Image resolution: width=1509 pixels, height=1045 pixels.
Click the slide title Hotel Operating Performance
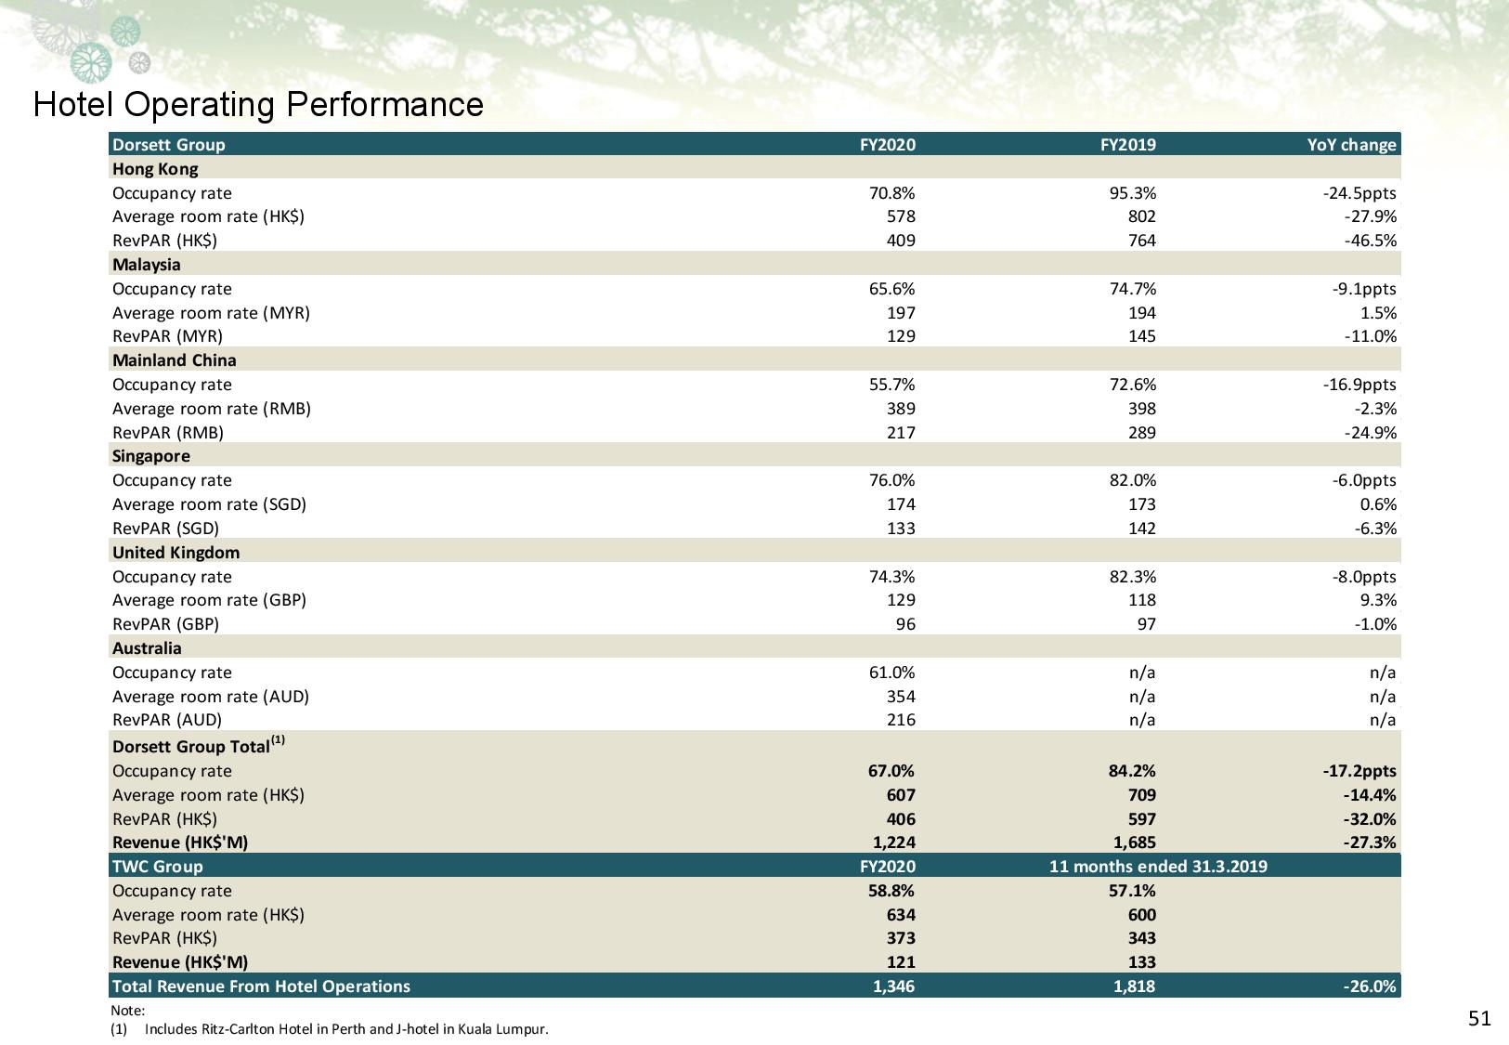[x=258, y=104]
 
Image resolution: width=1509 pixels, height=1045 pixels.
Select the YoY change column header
[x=1351, y=145]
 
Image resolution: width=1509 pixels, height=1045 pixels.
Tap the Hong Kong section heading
[x=155, y=169]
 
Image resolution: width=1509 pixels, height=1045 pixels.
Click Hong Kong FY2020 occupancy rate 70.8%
[x=891, y=193]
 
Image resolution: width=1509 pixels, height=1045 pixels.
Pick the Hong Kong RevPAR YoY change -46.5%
[x=1370, y=241]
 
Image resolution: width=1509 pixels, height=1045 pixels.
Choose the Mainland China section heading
[x=175, y=360]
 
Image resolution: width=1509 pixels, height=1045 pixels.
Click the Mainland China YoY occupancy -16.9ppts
[x=1359, y=385]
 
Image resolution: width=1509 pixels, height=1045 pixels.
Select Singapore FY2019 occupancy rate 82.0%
[x=1130, y=480]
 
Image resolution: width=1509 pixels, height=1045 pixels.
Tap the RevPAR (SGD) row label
[x=165, y=529]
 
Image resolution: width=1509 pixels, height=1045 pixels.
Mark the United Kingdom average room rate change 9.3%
[x=1378, y=600]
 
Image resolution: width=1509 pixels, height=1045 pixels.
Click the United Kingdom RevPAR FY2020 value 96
[x=904, y=624]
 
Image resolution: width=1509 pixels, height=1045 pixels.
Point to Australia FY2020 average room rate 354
[x=900, y=697]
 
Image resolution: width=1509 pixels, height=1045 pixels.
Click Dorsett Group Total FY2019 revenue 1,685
[x=1134, y=843]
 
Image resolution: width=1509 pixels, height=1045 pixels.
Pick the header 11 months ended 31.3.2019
[x=1158, y=867]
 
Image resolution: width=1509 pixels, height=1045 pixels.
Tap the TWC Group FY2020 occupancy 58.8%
[x=891, y=891]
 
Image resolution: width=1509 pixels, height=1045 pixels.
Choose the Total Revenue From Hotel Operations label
[x=261, y=986]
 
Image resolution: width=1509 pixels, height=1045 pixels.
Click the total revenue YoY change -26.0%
[x=1370, y=986]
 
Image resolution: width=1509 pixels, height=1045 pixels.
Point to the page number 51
[x=1479, y=1019]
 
